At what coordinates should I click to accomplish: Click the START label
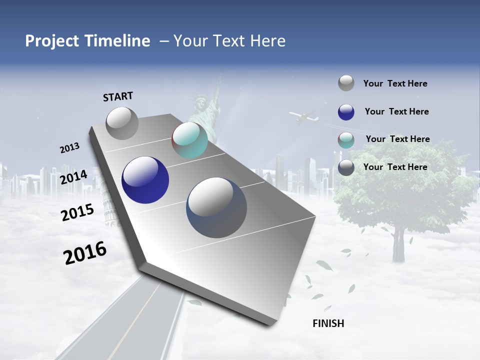118,96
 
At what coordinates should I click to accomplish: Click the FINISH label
328,323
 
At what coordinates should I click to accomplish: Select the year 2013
70,148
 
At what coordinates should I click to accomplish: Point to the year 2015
77,212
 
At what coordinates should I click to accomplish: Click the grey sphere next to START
122,123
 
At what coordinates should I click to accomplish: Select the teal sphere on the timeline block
189,140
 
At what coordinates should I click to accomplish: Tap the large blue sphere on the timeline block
145,180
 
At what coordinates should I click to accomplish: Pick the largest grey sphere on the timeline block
216,207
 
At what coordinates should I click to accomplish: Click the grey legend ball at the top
346,83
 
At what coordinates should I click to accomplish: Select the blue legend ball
346,112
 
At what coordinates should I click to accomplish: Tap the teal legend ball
346,140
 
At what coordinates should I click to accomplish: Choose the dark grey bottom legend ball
346,167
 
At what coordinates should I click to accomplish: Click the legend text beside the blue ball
396,111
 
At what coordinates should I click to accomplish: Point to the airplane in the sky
303,118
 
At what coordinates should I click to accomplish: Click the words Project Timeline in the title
87,41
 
